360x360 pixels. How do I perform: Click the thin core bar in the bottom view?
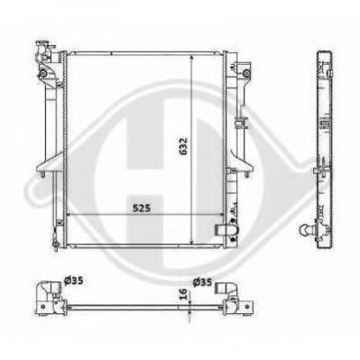[135, 305]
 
